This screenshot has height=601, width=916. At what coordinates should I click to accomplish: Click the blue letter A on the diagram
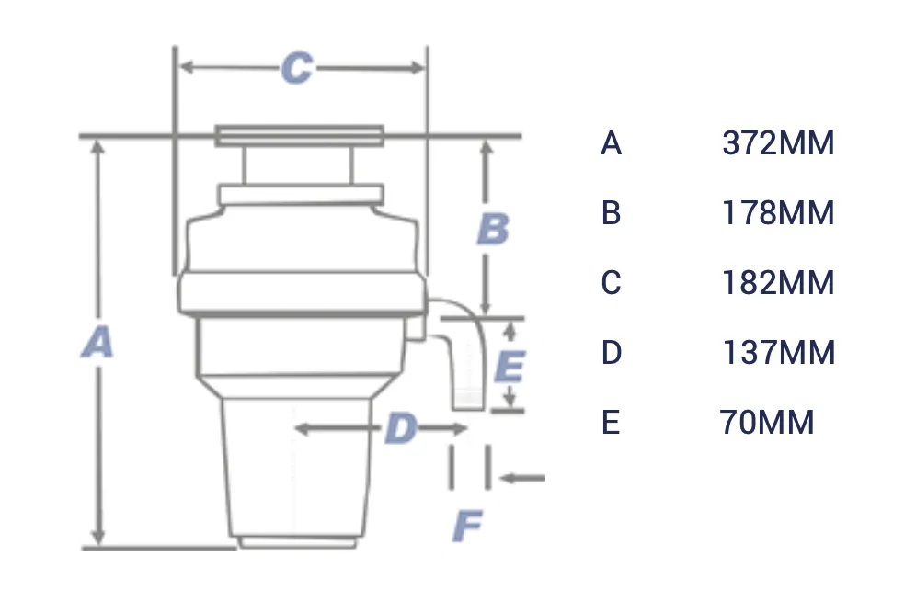tap(97, 343)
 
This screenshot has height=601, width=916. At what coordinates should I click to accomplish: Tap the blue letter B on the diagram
tap(493, 229)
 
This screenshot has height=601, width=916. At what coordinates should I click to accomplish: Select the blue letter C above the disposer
tap(296, 69)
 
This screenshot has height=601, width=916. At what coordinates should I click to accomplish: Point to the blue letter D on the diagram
tap(401, 428)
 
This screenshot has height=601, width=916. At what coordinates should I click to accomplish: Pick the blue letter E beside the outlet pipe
tap(509, 367)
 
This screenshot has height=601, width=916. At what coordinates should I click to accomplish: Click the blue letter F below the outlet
tap(468, 527)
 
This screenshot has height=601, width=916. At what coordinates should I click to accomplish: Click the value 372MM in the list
tap(778, 144)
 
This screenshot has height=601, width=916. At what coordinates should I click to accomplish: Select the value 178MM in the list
tap(778, 213)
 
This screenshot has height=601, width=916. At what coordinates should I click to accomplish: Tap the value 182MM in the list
tap(778, 283)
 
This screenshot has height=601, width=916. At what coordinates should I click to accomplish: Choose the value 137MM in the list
tap(778, 353)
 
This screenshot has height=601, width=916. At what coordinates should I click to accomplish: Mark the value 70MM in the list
tap(767, 423)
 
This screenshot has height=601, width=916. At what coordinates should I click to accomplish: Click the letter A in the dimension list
tap(612, 144)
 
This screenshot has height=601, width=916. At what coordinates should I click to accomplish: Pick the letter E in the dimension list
tap(611, 423)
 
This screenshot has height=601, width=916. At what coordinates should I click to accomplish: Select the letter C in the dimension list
tap(612, 283)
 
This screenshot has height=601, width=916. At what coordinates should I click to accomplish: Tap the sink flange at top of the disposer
tap(299, 136)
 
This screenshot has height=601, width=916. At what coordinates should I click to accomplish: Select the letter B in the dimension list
tap(612, 213)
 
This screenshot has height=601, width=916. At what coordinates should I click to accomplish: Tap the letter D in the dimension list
tap(612, 353)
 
